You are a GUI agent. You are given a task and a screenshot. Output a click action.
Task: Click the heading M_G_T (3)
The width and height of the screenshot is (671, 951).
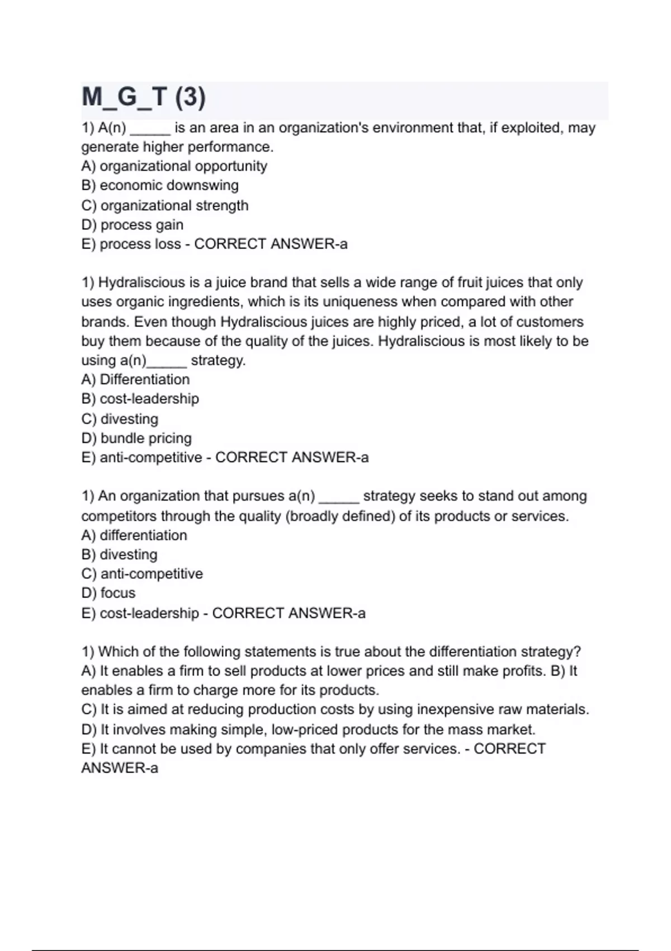coord(144,97)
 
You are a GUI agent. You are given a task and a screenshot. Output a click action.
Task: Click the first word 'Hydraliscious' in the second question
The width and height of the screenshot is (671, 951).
coord(141,283)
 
